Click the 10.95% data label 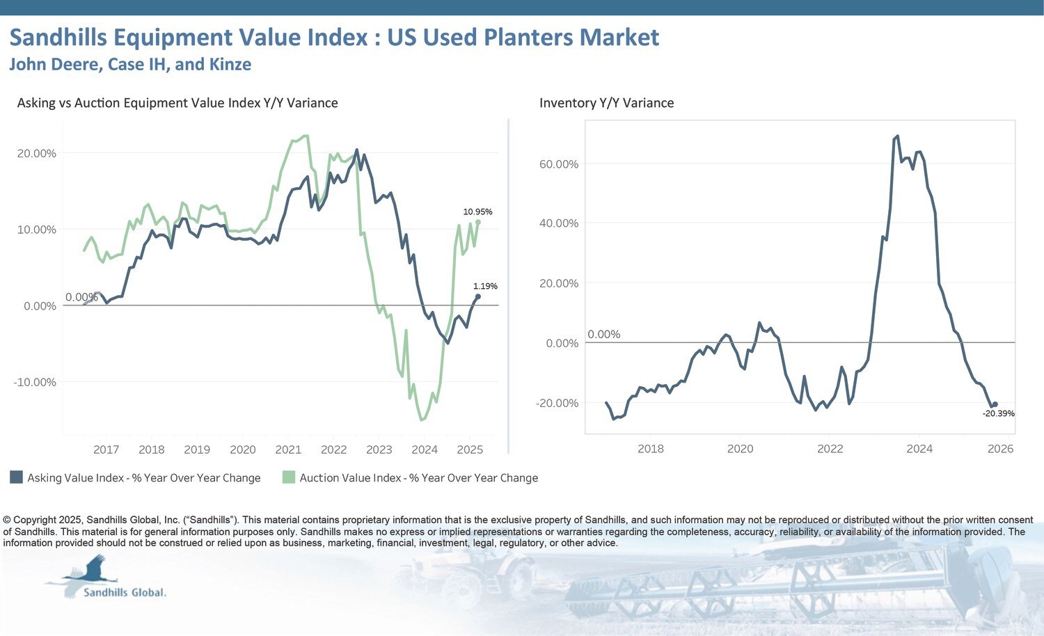coord(477,212)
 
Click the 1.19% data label coord(485,286)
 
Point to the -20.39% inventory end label coord(998,413)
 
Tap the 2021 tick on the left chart coord(288,450)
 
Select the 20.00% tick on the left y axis coord(36,153)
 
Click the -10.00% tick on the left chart coord(35,382)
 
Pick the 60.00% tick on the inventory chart coord(558,164)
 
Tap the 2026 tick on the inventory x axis coord(1000,449)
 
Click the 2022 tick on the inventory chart coord(830,449)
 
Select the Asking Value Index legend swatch coord(16,477)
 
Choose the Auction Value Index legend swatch coord(288,477)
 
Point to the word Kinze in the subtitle coord(230,65)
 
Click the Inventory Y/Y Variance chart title coord(606,103)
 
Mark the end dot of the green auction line coord(477,222)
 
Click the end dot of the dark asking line coord(477,296)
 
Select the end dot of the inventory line coord(995,404)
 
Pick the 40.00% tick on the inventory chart coord(558,223)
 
